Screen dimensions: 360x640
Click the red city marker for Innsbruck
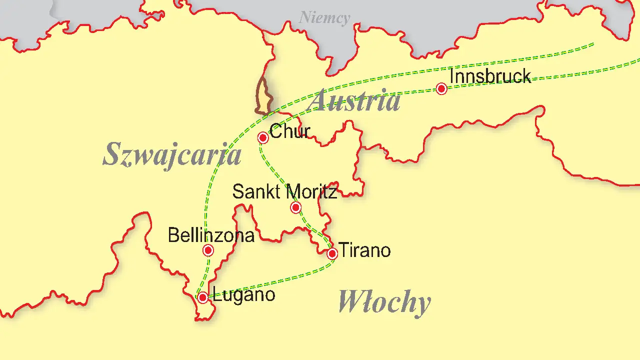pos(441,88)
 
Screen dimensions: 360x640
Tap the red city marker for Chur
pos(263,137)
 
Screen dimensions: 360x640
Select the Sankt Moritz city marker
pos(295,207)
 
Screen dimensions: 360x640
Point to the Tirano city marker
pos(332,254)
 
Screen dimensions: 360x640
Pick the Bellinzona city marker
pos(208,250)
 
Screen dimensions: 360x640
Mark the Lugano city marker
pos(202,298)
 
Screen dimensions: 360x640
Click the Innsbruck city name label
pos(490,76)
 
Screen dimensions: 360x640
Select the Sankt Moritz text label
pos(285,192)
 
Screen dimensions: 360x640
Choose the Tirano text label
pos(364,250)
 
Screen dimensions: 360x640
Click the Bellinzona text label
pos(211,235)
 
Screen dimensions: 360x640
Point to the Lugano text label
pos(244,294)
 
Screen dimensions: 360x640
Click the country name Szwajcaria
pos(172,154)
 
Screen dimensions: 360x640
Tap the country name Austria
pos(354,100)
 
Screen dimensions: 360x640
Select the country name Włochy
pos(384,302)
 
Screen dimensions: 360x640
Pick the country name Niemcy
pos(324,18)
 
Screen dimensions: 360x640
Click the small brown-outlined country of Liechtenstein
pos(263,97)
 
